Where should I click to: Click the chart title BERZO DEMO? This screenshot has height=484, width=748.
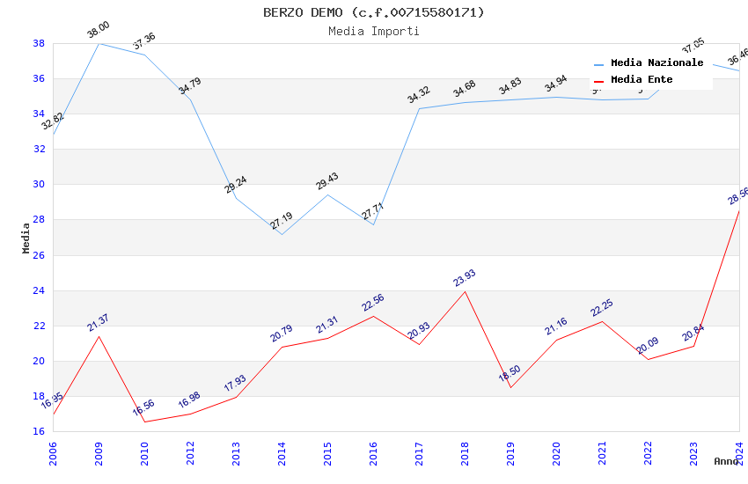[373, 12]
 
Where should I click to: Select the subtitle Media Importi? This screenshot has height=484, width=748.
[373, 31]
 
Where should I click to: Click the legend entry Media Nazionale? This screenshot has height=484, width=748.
[656, 62]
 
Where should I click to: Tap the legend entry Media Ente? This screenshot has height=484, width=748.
[642, 79]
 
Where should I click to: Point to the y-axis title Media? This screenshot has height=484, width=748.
[26, 238]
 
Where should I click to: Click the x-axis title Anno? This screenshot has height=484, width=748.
[726, 461]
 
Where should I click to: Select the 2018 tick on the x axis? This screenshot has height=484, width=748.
[465, 452]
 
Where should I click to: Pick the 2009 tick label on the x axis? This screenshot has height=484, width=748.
[99, 452]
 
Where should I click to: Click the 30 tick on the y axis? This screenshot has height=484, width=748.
[40, 185]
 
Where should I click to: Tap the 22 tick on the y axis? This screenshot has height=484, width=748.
[40, 326]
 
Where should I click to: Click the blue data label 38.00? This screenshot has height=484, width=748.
[98, 32]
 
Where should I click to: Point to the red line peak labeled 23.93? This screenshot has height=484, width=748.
[465, 291]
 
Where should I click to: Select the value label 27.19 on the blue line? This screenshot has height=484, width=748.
[282, 220]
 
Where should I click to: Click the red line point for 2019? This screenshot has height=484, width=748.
[510, 387]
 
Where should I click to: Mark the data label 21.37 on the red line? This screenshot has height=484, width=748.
[98, 323]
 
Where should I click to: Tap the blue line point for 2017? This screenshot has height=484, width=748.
[419, 109]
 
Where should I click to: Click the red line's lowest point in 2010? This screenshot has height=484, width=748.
[144, 422]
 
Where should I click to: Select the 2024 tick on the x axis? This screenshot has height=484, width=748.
[739, 452]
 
